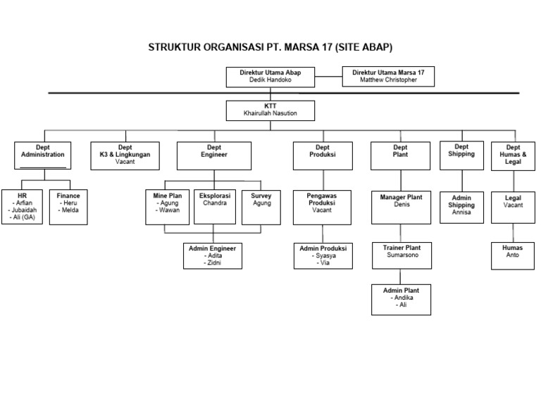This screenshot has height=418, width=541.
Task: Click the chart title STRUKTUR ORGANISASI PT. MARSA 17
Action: pos(270,48)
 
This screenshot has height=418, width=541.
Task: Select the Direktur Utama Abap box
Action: pos(270,76)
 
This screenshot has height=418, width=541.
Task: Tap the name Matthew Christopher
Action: pos(387,80)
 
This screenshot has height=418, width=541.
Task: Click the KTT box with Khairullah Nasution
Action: pos(270,110)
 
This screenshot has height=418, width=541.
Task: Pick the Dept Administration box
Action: pos(43,155)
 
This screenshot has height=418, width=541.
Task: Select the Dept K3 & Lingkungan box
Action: pos(125,155)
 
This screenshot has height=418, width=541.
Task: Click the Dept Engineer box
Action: pos(213,155)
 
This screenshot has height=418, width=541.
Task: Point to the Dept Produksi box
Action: pos(323,155)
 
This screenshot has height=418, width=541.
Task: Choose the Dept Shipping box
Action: pos(461,154)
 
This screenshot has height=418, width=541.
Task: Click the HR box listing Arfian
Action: pos(22,206)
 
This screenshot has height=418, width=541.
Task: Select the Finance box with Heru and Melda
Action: pos(68,206)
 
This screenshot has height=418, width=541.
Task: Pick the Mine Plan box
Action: pos(167,206)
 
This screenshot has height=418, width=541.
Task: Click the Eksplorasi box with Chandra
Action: pos(215,206)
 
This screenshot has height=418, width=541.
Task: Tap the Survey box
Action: pos(261,206)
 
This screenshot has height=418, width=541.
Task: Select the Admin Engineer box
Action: pos(212,255)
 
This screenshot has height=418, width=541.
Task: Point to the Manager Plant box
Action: pos(401,206)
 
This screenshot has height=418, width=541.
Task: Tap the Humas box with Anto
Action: pos(512,255)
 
